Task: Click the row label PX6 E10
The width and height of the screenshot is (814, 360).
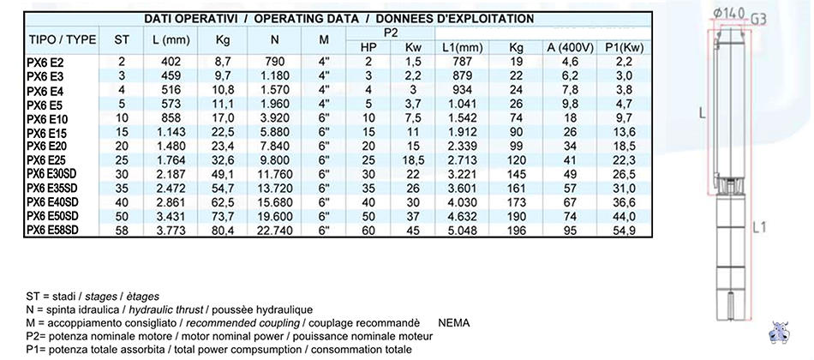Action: tap(45, 118)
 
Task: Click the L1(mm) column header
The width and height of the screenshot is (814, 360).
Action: tap(463, 48)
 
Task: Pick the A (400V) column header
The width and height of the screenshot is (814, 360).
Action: tap(570, 48)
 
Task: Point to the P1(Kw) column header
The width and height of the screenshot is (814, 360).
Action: tap(625, 48)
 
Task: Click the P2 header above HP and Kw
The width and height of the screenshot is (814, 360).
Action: tap(391, 33)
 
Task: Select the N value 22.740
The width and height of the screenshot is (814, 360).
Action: tap(275, 230)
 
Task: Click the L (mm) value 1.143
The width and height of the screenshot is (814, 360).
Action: tap(171, 132)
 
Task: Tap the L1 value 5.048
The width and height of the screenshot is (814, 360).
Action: tap(463, 230)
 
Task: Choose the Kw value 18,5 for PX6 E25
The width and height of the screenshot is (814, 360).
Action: tap(414, 160)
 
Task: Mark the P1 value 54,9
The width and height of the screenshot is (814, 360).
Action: tap(625, 230)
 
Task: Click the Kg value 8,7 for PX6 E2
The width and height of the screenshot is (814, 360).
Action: tap(224, 62)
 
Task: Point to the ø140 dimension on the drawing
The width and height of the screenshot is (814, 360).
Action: tap(728, 14)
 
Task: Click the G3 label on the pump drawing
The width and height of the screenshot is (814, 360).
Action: tap(759, 19)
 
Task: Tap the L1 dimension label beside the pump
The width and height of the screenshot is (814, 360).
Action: tap(759, 226)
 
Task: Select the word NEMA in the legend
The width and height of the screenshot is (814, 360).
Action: tap(454, 323)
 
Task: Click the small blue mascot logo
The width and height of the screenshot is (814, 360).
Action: tap(781, 332)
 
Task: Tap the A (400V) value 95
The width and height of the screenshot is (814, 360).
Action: tap(570, 230)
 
